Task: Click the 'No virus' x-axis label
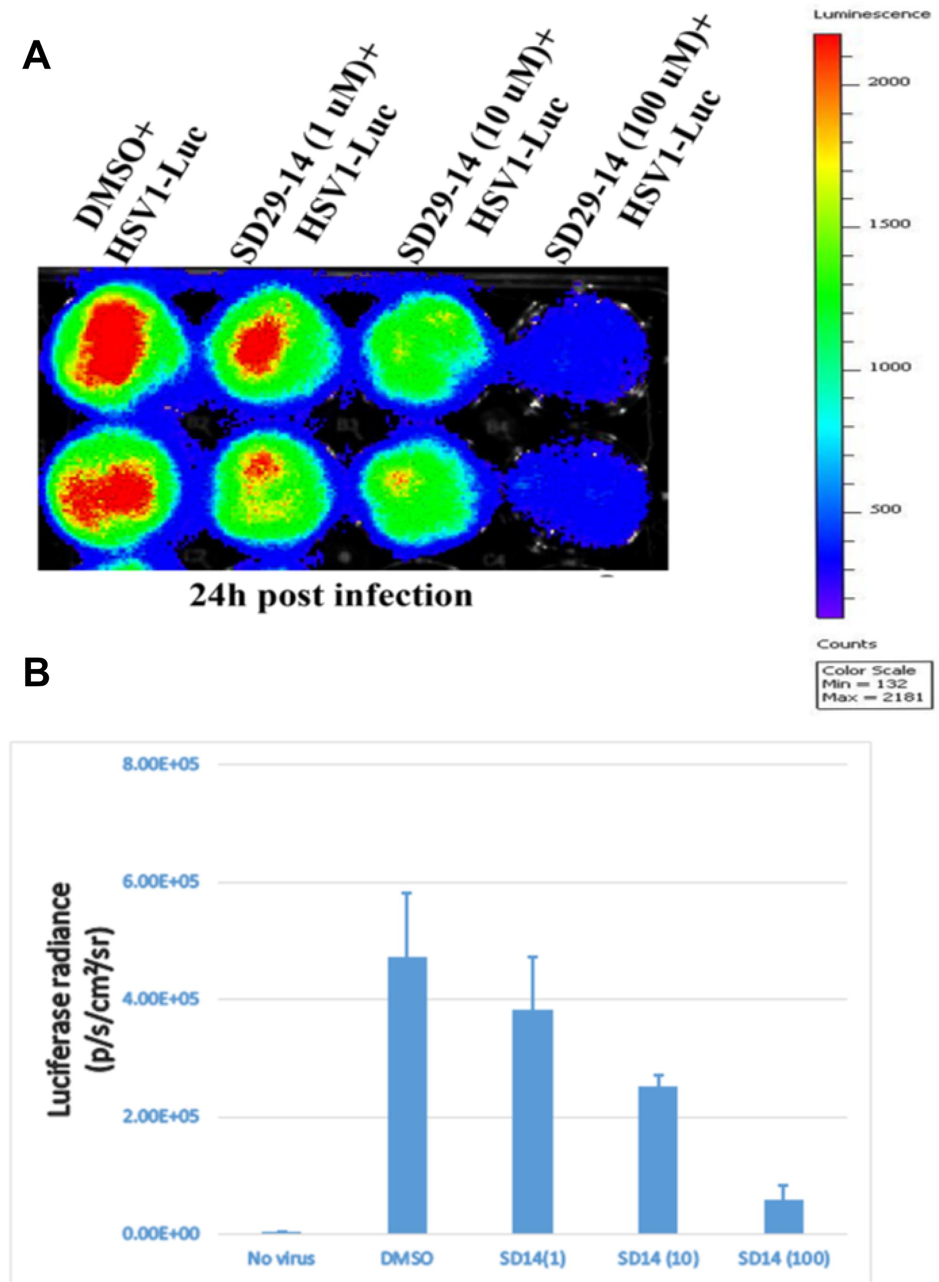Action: click(x=281, y=1258)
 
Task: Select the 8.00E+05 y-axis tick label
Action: click(x=161, y=764)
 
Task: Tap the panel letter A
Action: click(x=36, y=56)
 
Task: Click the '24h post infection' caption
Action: click(x=331, y=596)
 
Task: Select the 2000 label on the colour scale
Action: click(x=888, y=82)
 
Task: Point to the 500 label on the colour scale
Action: click(x=885, y=509)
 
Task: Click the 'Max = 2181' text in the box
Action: click(x=872, y=697)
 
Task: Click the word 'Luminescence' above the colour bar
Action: click(x=871, y=15)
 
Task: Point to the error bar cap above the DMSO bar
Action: click(x=407, y=893)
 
